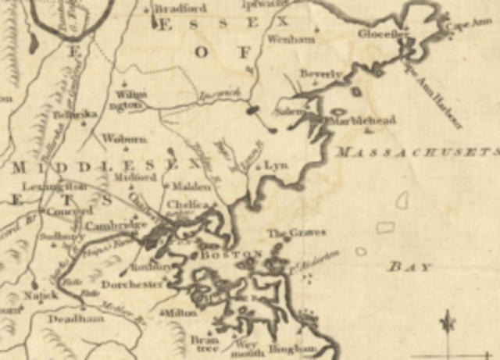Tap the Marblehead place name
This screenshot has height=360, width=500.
(x=362, y=120)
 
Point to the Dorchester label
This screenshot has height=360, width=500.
(x=131, y=285)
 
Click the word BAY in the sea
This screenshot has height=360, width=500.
(x=410, y=267)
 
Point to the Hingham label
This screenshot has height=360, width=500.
(x=293, y=348)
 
